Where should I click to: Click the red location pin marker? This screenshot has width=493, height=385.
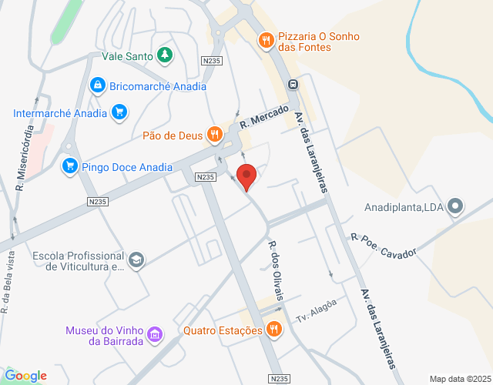click(x=246, y=176)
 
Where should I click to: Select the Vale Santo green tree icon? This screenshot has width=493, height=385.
click(x=164, y=55)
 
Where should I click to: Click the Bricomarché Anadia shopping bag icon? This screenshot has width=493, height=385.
click(x=97, y=85)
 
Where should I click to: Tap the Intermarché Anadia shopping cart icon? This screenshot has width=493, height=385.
click(x=118, y=113)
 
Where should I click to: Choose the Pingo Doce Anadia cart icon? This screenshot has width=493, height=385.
click(x=70, y=165)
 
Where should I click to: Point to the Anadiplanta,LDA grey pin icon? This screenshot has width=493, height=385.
click(x=455, y=206)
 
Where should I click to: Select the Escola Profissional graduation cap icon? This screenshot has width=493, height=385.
click(x=136, y=260)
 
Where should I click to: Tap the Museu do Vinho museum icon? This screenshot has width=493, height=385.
click(x=154, y=334)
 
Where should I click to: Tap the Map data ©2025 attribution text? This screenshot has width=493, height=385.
click(x=458, y=379)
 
